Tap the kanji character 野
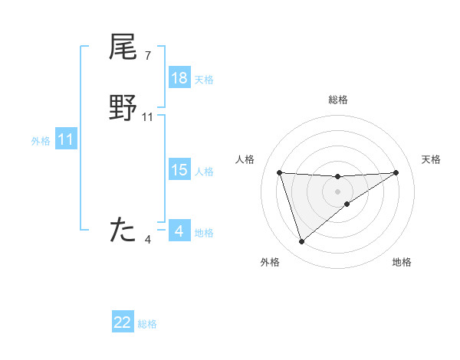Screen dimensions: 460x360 123,108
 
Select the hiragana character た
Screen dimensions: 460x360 123,230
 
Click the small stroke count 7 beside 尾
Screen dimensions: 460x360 148,55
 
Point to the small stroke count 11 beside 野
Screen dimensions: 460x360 148,117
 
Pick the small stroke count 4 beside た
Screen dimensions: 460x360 148,240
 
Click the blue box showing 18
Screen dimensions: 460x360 179,78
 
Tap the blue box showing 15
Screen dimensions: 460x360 179,170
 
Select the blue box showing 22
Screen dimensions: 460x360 123,322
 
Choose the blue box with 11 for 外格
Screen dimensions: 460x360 66,140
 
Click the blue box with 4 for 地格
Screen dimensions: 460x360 179,231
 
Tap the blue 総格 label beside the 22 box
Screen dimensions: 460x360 147,324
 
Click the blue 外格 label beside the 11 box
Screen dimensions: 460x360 41,141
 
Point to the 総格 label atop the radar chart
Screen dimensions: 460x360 337,100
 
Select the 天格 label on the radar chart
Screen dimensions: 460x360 431,159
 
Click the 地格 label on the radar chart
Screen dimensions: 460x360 402,262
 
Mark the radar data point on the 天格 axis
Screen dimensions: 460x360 396,172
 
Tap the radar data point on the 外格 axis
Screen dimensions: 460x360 301,242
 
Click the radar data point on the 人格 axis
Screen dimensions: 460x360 280,173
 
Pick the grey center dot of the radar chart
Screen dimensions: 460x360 337,191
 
